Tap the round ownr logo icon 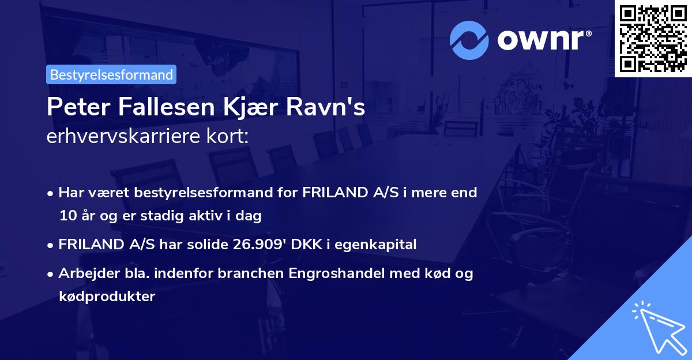[x=469, y=40]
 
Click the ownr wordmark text [x=543, y=40]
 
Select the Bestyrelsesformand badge [x=111, y=74]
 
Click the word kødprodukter [x=107, y=297]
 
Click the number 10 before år [x=66, y=216]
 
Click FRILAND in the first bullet [x=333, y=192]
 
